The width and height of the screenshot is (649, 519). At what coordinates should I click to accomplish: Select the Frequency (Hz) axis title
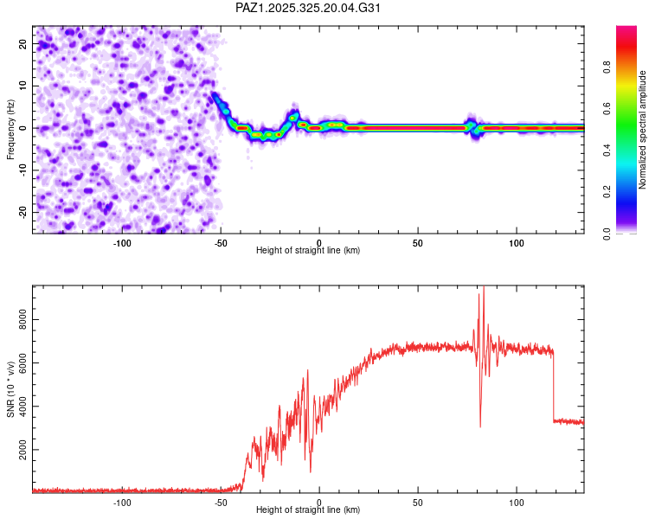pos(10,129)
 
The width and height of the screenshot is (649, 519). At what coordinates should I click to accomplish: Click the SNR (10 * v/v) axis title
pos(10,388)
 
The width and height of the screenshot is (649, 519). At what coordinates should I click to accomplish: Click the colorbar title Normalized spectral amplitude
pos(643,129)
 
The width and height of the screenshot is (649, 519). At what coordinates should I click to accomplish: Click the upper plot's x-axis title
pos(308,250)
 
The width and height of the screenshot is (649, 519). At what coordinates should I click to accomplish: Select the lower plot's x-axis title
pos(308,509)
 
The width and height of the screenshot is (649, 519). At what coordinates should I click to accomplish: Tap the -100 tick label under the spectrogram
pos(121,241)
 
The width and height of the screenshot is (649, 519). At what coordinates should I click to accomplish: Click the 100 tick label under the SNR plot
pos(517,501)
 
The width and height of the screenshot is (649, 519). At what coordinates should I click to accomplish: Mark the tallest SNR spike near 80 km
pos(484,290)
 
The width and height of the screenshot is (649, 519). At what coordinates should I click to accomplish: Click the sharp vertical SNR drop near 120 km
pos(554,385)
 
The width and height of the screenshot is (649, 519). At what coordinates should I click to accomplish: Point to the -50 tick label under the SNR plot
pos(220,501)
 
